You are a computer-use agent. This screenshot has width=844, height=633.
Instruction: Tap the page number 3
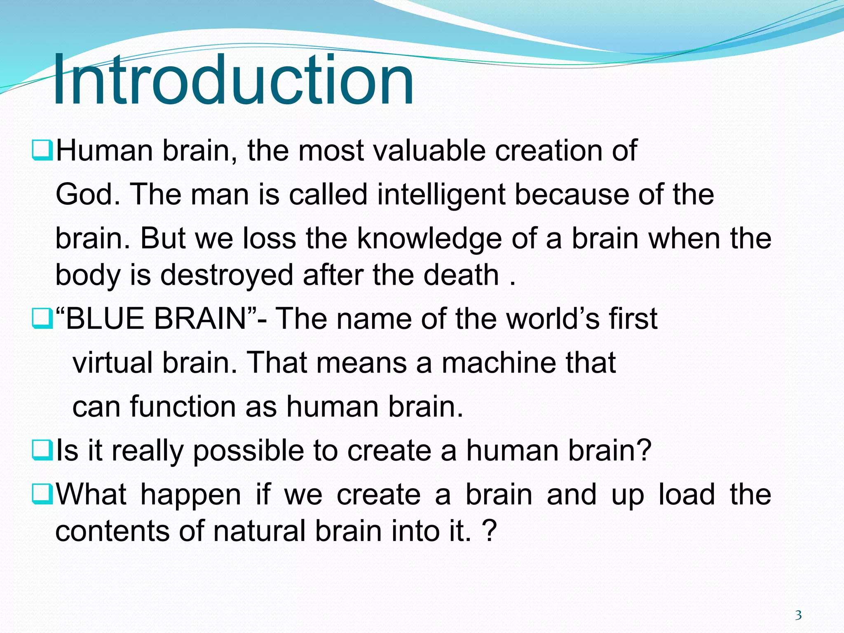[798, 616]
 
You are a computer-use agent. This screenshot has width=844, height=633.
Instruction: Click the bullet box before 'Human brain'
[42, 151]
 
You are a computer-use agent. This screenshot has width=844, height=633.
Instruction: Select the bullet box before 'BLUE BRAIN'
[42, 319]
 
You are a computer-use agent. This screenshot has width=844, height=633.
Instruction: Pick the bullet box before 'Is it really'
[42, 450]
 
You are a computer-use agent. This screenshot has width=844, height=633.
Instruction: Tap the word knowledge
[429, 239]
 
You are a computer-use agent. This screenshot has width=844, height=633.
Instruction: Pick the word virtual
[113, 363]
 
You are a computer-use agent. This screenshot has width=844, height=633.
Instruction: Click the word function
[183, 406]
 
